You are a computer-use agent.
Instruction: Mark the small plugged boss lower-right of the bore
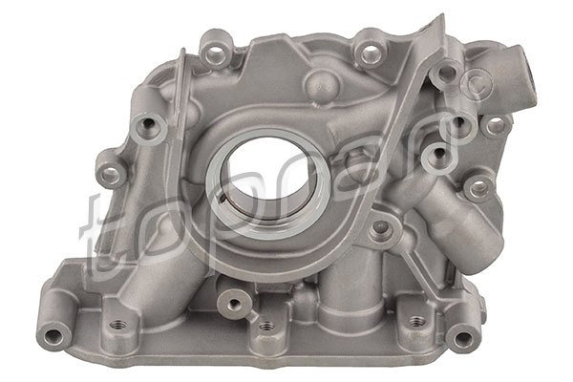[x=382, y=227]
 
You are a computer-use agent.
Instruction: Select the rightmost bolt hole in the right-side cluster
[x=494, y=122]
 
